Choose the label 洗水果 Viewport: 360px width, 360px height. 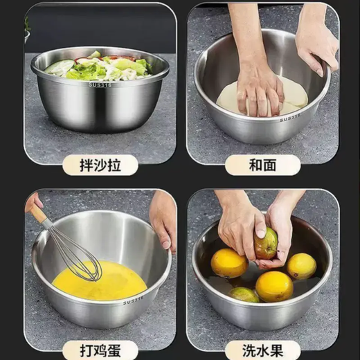[x=262, y=349]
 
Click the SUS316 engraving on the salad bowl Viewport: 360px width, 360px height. [x=100, y=84]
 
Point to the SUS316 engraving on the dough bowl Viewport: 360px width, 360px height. [x=291, y=118]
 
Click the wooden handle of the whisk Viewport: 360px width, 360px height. [x=40, y=215]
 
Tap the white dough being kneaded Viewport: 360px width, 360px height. [x=291, y=97]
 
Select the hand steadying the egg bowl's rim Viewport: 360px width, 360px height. [x=163, y=220]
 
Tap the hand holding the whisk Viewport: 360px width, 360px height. [x=32, y=202]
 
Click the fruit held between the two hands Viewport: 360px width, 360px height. [x=266, y=244]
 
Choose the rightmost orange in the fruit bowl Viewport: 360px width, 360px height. [x=301, y=266]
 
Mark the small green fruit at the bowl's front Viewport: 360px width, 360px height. [x=244, y=295]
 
